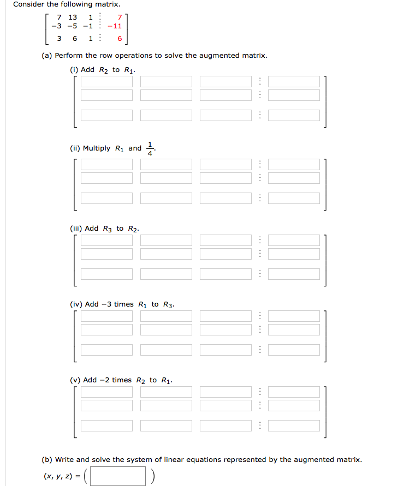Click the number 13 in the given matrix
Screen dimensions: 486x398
[73, 17]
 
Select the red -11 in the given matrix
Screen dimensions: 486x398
[114, 26]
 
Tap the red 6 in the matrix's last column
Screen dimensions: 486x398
[119, 39]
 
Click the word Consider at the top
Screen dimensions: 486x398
[30, 4]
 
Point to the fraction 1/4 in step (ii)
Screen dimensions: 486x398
[151, 148]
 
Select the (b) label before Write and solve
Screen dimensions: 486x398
[47, 460]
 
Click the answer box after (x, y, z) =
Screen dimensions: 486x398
[118, 476]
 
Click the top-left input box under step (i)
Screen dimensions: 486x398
[107, 82]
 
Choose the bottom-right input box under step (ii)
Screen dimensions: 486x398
[294, 198]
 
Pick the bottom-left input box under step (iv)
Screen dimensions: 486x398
[107, 349]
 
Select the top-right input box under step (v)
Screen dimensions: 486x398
[294, 392]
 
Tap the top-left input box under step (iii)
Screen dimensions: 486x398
[107, 240]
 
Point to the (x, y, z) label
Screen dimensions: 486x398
[58, 476]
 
